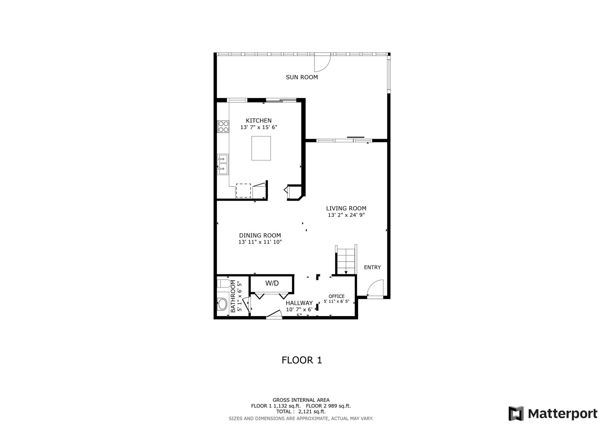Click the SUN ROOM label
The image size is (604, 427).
click(x=302, y=77)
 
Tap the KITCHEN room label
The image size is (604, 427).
click(x=259, y=120)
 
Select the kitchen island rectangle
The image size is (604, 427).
click(x=261, y=148)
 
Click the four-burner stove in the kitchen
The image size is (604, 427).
click(x=223, y=126)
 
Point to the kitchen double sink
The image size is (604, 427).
click(x=223, y=164)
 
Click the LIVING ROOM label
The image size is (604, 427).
click(x=346, y=208)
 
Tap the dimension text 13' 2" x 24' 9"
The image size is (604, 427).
click(x=346, y=215)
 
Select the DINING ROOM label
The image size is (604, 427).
click(x=260, y=235)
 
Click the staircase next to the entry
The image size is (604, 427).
click(x=346, y=260)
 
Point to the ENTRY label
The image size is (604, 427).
click(x=372, y=267)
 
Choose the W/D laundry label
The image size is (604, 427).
click(x=272, y=283)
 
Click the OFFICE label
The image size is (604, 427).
click(x=337, y=296)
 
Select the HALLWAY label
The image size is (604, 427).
click(x=299, y=303)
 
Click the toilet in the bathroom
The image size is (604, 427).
click(x=224, y=284)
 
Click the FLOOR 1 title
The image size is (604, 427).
click(x=302, y=360)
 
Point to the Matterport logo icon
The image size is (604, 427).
click(x=516, y=413)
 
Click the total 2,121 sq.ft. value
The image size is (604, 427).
click(x=312, y=412)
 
